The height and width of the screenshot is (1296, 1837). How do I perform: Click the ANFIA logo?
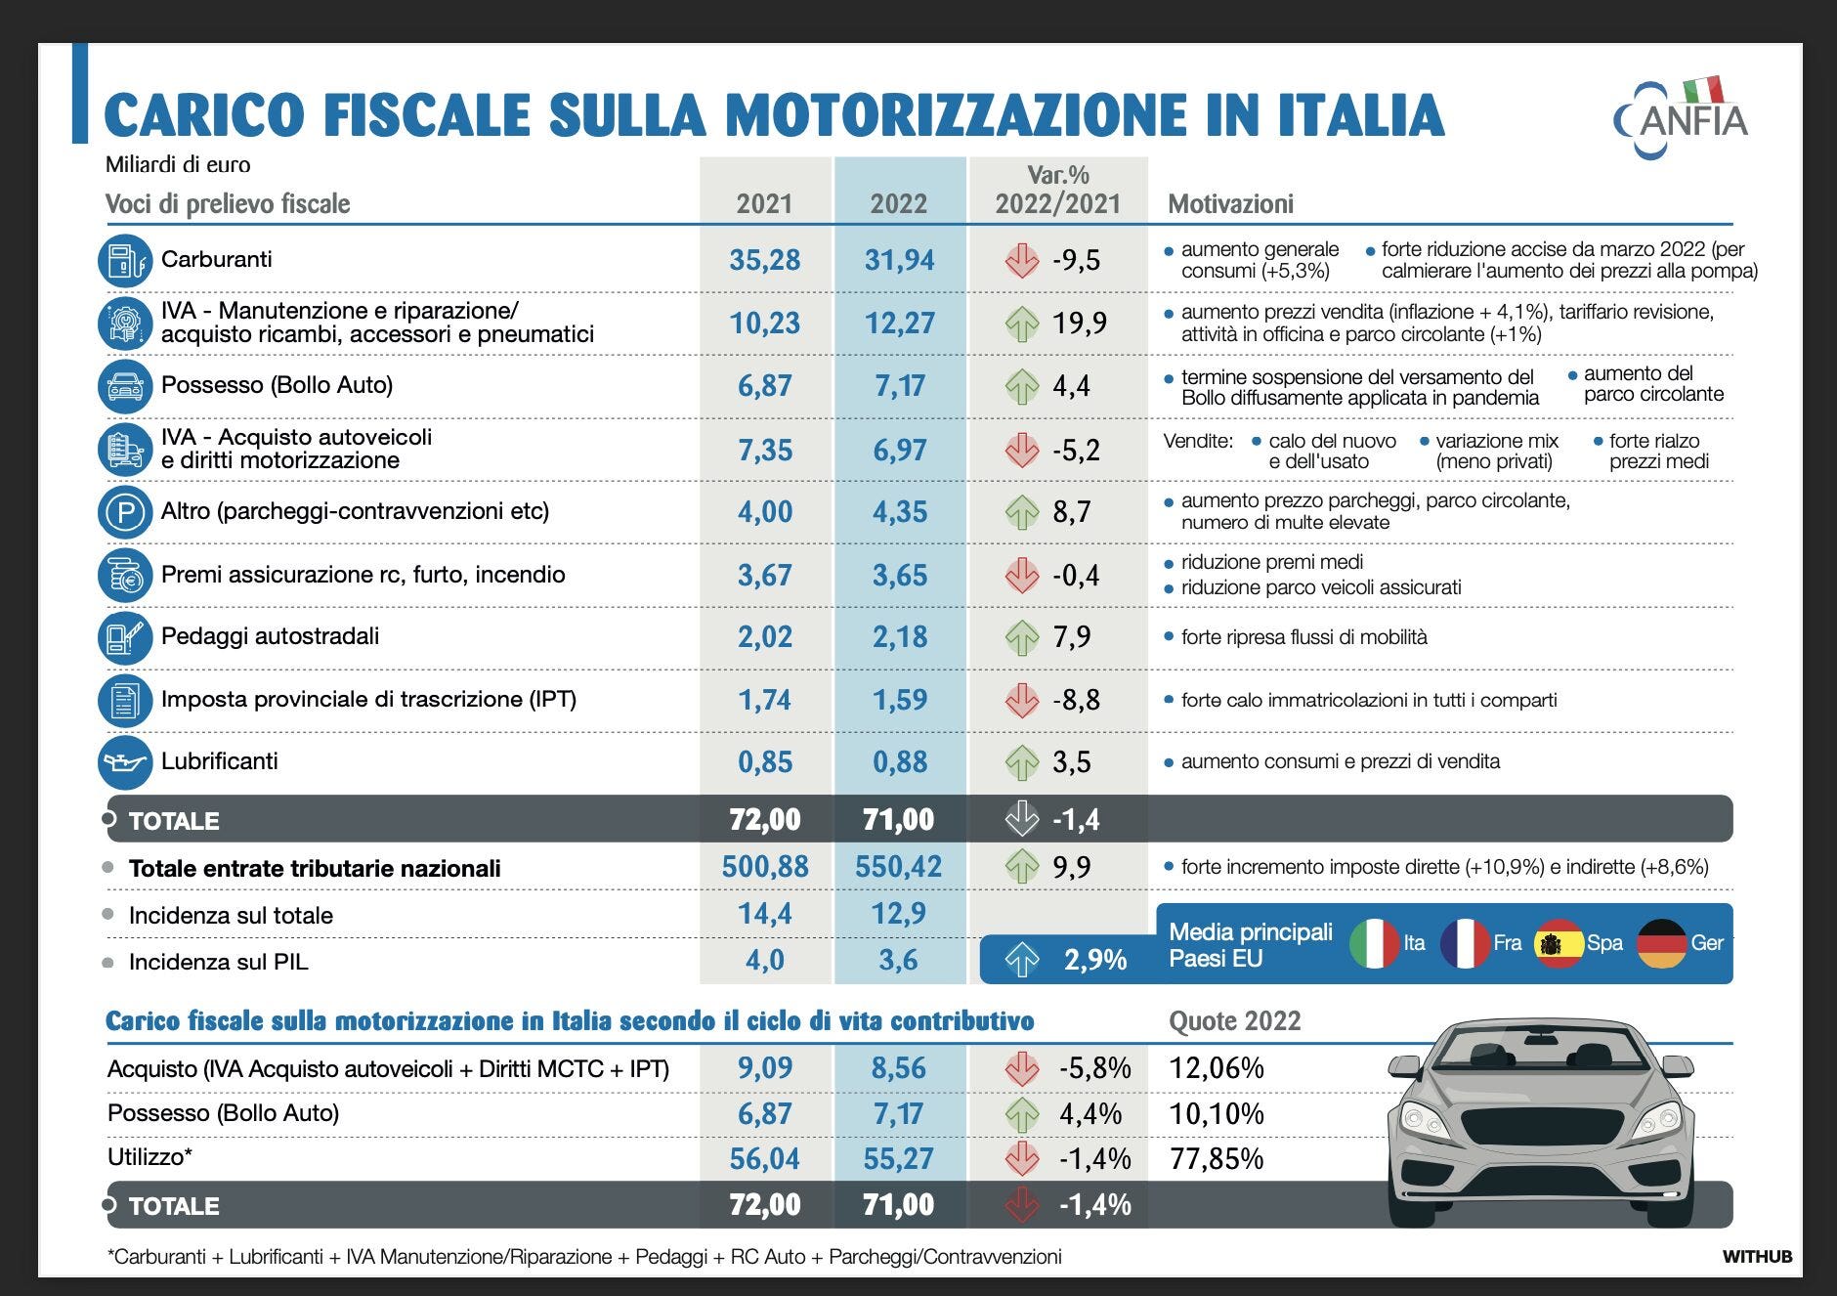(1682, 118)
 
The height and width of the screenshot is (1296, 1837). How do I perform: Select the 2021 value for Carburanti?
(764, 260)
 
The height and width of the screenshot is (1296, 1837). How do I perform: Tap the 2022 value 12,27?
(899, 323)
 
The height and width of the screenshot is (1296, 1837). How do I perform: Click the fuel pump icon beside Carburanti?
(125, 261)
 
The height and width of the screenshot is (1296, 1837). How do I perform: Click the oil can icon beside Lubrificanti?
(125, 762)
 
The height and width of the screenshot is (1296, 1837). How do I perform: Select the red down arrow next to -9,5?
(1022, 260)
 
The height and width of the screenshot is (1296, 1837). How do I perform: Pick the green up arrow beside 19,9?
(1022, 324)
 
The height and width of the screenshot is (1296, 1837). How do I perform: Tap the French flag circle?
(1465, 943)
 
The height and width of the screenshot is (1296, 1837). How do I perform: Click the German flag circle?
(1661, 943)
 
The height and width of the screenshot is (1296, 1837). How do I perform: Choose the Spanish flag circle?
(1559, 943)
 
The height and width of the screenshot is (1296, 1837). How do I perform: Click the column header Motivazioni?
(1230, 204)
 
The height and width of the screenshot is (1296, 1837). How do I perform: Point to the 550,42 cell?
(898, 867)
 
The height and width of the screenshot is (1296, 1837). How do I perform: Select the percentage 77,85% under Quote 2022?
(1217, 1159)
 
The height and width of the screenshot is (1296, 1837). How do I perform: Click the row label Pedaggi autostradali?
(270, 636)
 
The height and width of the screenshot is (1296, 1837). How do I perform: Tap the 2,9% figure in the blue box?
(1095, 960)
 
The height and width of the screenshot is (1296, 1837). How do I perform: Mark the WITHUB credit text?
(1757, 1257)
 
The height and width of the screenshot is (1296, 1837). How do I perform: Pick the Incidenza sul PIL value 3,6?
(898, 960)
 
